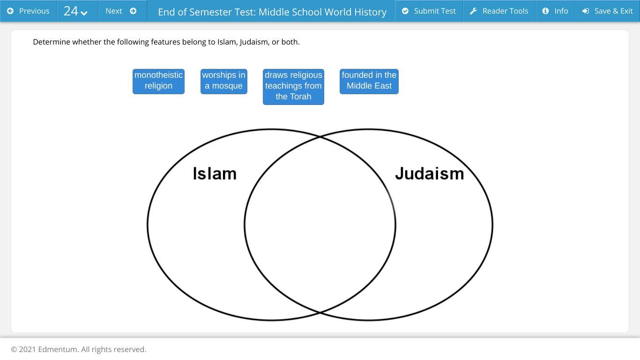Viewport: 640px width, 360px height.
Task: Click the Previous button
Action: (28, 11)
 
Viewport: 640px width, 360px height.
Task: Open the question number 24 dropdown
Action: (76, 11)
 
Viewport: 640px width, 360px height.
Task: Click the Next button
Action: (121, 11)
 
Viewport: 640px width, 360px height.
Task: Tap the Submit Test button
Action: (429, 11)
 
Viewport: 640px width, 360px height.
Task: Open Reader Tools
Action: (499, 11)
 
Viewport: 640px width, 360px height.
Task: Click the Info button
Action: (555, 11)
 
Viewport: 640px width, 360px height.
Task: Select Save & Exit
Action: (607, 11)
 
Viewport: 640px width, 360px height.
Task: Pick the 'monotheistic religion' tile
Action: (158, 81)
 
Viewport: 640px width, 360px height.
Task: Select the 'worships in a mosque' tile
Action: (223, 81)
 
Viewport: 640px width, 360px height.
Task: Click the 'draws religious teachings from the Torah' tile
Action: (293, 86)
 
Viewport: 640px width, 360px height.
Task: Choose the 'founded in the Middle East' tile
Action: (369, 81)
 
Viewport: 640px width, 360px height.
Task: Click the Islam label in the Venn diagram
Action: (215, 174)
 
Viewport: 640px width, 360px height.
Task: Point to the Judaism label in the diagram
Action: (429, 174)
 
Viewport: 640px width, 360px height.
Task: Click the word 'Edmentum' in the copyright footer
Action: (58, 349)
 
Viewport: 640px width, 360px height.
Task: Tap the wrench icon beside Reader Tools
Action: (474, 11)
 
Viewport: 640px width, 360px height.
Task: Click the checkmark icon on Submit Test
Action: (405, 11)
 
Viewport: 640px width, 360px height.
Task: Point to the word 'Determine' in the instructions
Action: (51, 42)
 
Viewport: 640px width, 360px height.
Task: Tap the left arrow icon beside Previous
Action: (10, 11)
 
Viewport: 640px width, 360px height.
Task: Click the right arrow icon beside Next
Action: (133, 11)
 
